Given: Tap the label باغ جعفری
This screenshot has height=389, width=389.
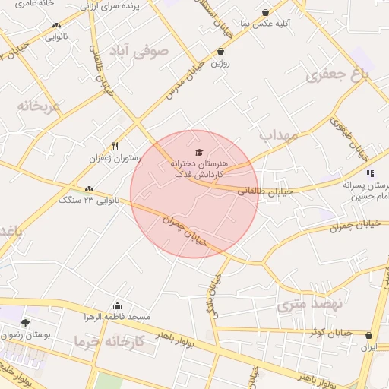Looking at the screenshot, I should point(337,75).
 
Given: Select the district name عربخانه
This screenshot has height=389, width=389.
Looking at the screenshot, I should point(39,106).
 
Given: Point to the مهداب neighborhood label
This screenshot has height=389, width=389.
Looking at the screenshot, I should point(276,136).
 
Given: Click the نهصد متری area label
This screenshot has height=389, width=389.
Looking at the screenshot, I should point(310,305).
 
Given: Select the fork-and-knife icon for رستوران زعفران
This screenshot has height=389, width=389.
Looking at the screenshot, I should point(115,146).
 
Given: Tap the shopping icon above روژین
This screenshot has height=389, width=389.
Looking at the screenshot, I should point(220,52).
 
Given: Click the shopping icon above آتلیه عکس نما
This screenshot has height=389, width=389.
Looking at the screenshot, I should point(264,12).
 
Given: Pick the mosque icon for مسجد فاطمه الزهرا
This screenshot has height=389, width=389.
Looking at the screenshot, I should point(116,305).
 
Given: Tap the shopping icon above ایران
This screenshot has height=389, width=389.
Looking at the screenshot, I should point(369,335).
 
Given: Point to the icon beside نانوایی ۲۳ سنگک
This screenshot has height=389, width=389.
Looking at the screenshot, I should point(90,189).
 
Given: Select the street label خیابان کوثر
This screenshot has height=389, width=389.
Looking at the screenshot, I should point(331,332).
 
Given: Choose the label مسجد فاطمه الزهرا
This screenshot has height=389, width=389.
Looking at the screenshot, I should point(118,316).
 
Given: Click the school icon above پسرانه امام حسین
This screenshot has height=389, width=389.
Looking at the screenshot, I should point(369,173).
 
